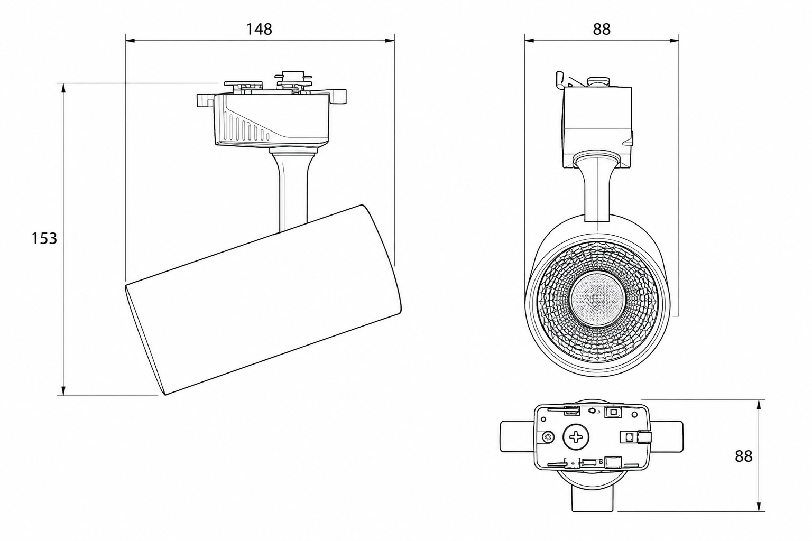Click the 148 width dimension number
point(259,29)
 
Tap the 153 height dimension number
point(44,238)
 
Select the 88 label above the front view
point(602,29)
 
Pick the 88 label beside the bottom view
point(744,456)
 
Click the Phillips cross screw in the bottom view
point(576,438)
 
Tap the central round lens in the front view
point(597,298)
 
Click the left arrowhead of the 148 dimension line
point(130,41)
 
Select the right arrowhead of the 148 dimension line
point(390,41)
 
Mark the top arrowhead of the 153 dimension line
point(63,88)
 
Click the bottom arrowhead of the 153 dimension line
point(63,391)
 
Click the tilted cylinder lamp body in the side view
point(263,300)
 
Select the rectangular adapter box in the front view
point(597,127)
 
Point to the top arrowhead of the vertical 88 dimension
point(760,404)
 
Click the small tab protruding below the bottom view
point(592,498)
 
